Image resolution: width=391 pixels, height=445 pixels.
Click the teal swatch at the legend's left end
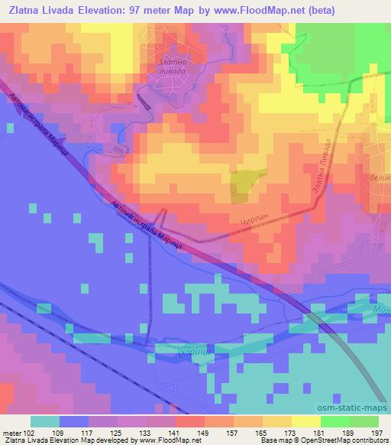pyautogui.click(x=44, y=421)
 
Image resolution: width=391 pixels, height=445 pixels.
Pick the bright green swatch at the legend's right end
pyautogui.click(x=365, y=421)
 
